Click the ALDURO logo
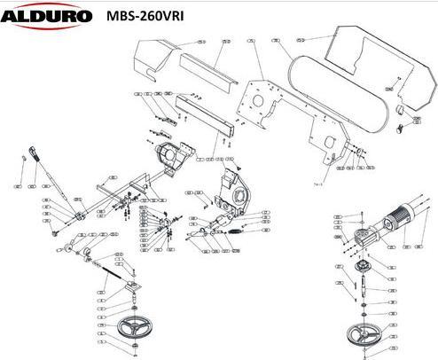coord(46,15)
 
